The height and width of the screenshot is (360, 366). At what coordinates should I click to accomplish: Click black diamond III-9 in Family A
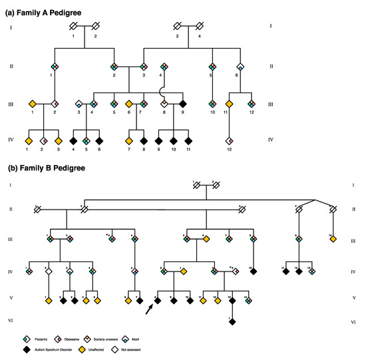[x=182, y=104]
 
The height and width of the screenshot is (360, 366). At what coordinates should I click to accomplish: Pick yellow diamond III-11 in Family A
[x=230, y=104]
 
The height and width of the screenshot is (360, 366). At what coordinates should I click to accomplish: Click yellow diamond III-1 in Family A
[x=32, y=104]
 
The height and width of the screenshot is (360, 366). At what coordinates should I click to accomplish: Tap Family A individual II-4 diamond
[x=163, y=67]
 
